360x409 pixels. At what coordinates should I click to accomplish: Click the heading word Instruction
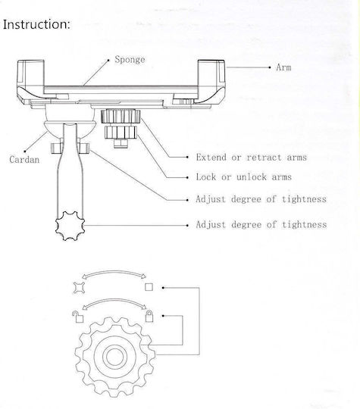[36, 24]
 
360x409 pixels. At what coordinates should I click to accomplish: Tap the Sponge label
[130, 60]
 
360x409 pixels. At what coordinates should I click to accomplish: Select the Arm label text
[283, 67]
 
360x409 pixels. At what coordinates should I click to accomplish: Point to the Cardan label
[24, 159]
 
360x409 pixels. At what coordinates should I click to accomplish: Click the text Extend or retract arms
[252, 158]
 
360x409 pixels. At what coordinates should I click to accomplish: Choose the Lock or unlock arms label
[244, 177]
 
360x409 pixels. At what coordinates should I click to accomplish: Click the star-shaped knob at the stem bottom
[70, 226]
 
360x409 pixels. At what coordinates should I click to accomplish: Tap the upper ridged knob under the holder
[121, 117]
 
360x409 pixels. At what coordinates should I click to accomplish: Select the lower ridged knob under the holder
[121, 133]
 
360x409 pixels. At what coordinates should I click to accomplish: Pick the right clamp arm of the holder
[211, 80]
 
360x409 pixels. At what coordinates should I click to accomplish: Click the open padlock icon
[78, 317]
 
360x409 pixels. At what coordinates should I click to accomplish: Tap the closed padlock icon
[149, 316]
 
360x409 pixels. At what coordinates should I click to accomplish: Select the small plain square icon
[149, 287]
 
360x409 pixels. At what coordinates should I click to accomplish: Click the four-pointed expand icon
[79, 288]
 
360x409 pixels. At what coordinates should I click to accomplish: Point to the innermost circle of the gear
[114, 357]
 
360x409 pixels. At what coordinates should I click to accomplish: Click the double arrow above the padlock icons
[114, 300]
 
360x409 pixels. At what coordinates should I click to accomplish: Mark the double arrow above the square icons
[114, 272]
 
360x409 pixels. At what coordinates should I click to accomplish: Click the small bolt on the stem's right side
[84, 148]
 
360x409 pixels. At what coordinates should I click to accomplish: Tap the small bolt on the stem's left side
[57, 148]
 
